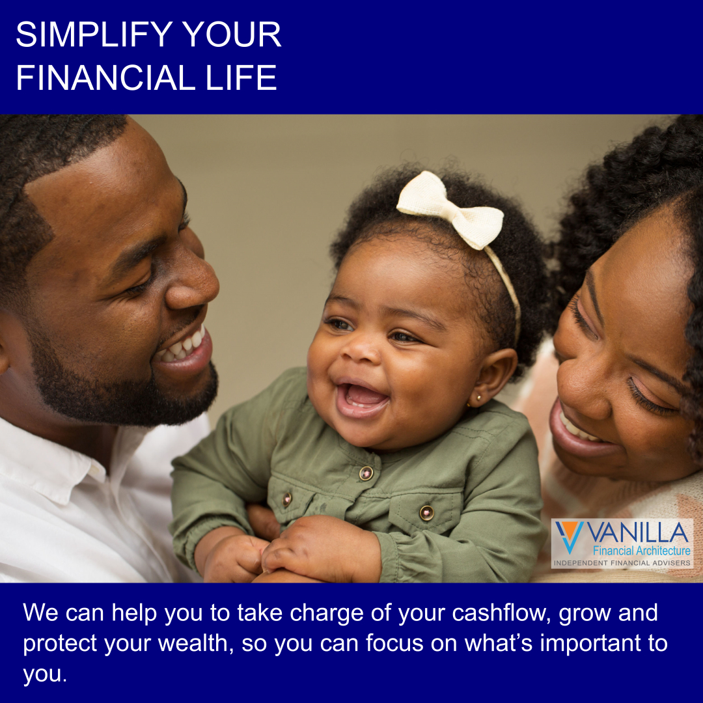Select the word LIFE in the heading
click(241, 77)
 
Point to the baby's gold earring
click(478, 397)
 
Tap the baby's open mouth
click(363, 397)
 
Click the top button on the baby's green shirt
click(366, 473)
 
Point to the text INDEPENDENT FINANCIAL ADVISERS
click(622, 562)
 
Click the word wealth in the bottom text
click(196, 643)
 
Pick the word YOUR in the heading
click(231, 34)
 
